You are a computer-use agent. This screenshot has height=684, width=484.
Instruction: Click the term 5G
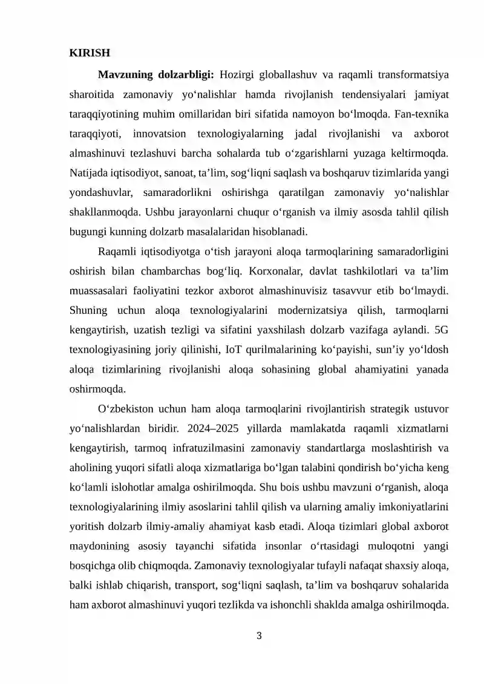441,330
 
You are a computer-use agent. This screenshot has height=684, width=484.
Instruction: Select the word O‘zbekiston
126,408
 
